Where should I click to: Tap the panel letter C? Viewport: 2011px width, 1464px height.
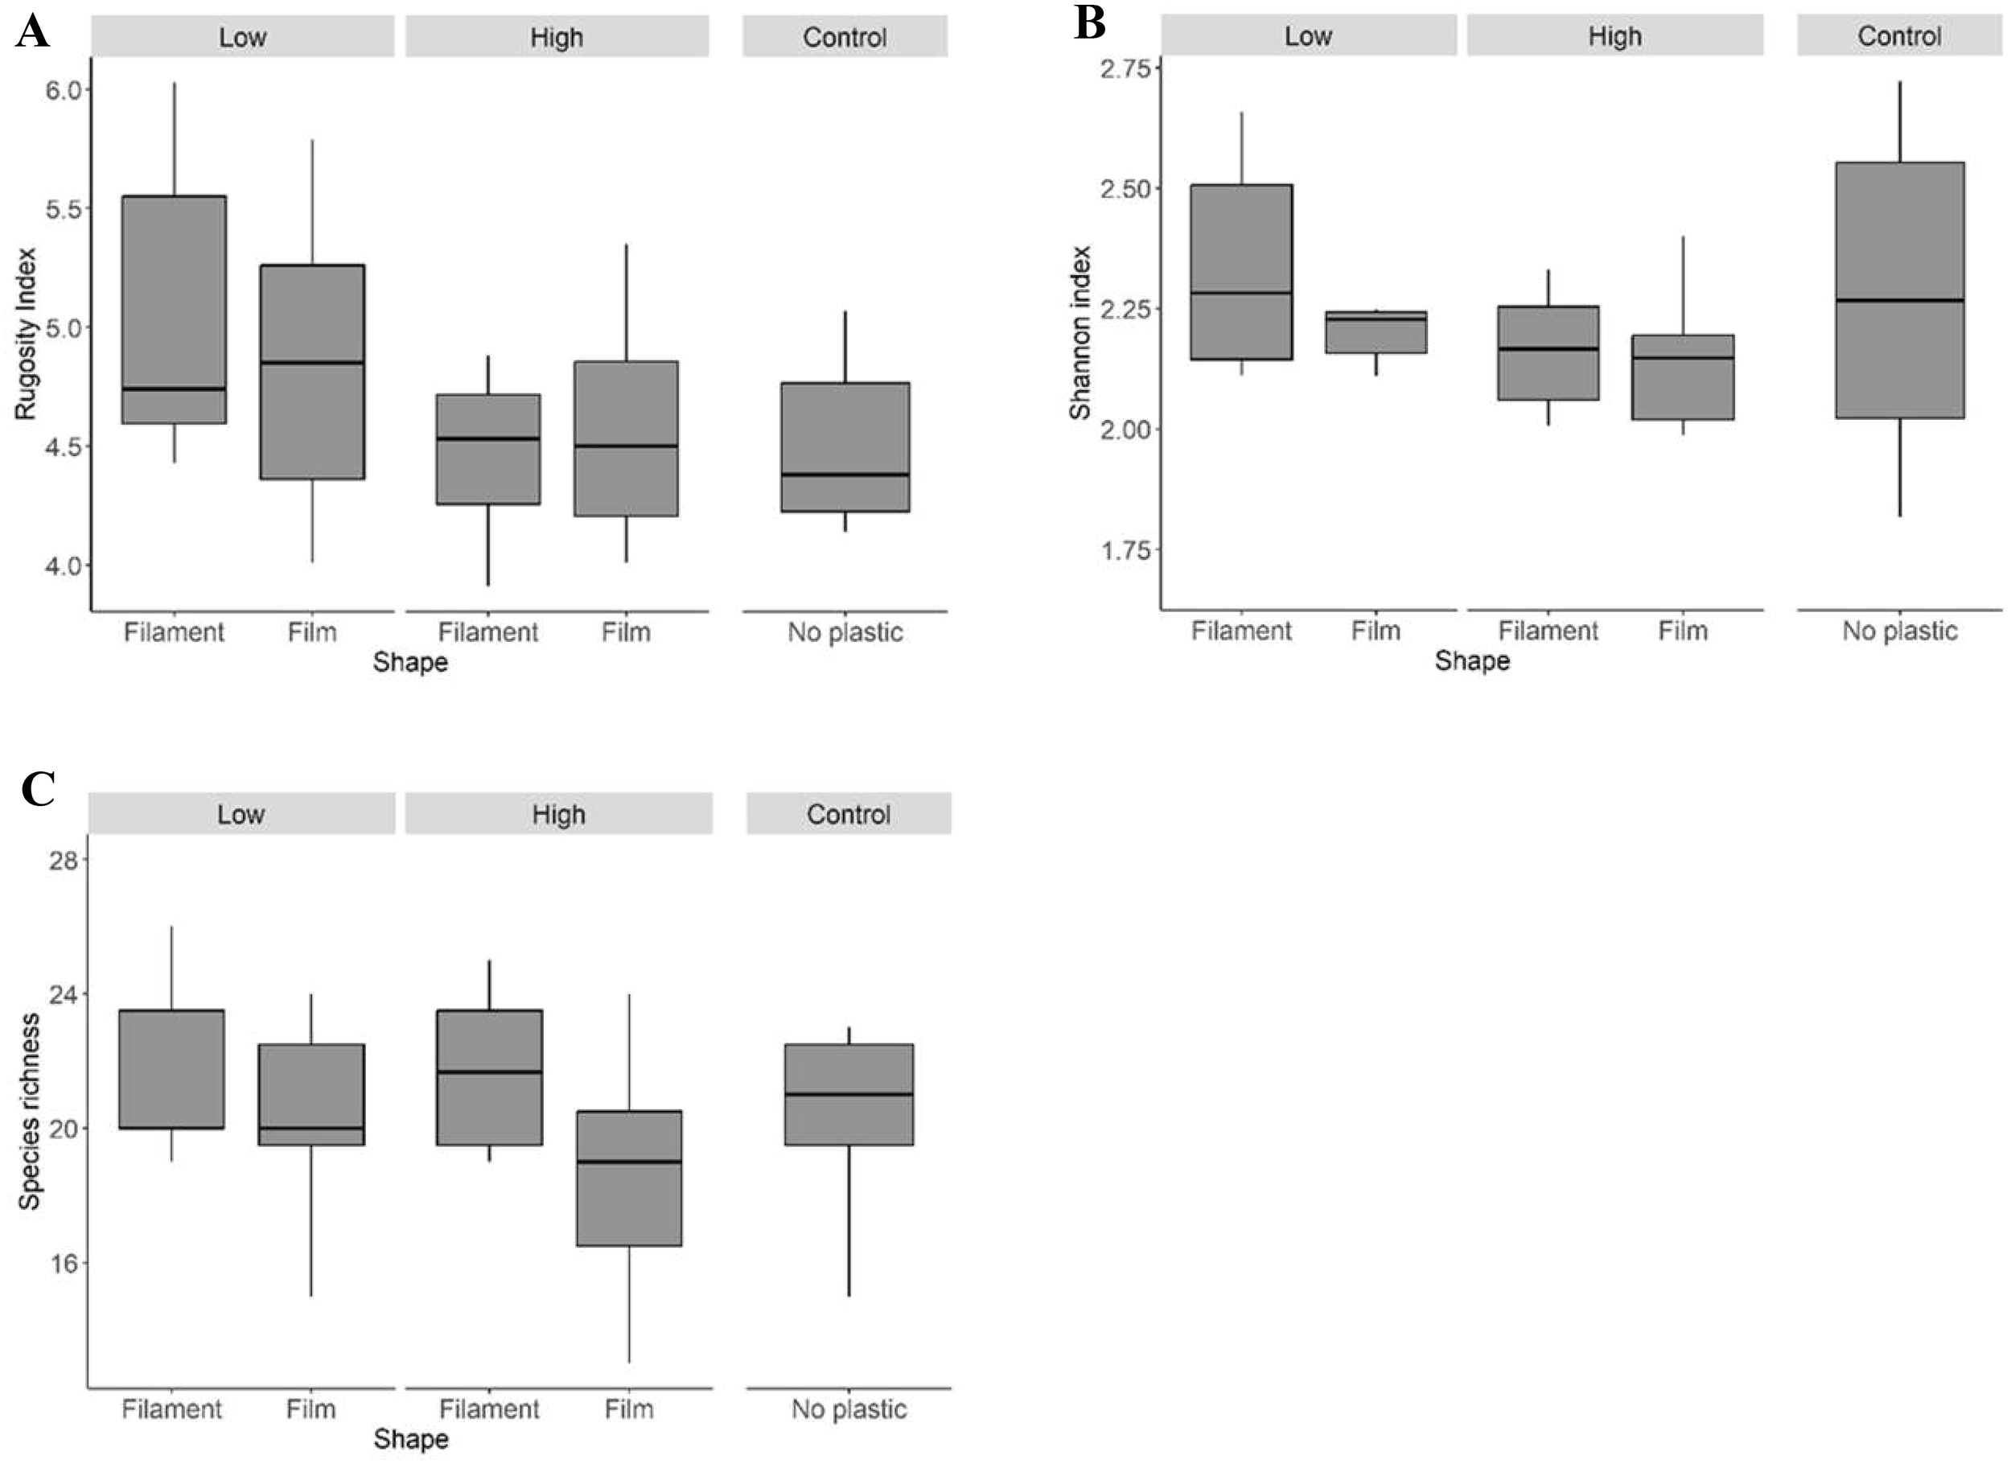(38, 788)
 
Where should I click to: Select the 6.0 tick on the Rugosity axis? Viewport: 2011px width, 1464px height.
(63, 90)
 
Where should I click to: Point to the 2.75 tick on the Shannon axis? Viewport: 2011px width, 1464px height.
(1125, 68)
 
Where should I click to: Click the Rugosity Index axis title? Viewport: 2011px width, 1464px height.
(25, 333)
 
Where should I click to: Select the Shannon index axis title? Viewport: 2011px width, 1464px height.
(1080, 332)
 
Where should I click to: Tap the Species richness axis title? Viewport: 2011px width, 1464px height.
(29, 1112)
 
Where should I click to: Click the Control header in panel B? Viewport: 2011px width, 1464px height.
(1898, 36)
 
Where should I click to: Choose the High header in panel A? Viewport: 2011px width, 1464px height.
(557, 37)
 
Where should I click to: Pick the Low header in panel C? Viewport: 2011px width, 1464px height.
(241, 814)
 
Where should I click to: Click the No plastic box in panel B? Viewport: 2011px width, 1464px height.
(1899, 372)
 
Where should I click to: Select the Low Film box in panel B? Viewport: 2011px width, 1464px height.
(1376, 332)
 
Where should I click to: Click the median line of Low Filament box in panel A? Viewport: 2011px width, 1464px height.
(174, 389)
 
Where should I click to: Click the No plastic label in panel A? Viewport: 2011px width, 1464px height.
(845, 632)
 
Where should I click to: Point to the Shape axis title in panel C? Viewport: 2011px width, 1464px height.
(410, 1438)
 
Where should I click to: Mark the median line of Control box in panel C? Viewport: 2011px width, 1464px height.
(849, 1094)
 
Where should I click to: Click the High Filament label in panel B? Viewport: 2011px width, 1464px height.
(1548, 631)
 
